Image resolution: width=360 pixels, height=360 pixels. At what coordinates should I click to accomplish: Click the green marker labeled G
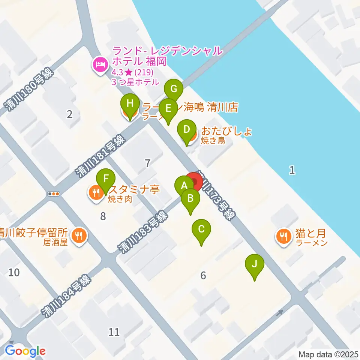click(x=174, y=89)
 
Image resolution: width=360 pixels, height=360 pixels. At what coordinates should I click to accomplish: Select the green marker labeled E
click(x=168, y=108)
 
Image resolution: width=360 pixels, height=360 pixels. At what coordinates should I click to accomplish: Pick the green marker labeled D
click(x=186, y=130)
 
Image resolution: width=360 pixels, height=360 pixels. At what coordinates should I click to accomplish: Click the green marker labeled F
click(x=106, y=178)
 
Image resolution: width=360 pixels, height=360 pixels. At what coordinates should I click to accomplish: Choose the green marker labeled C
click(x=201, y=229)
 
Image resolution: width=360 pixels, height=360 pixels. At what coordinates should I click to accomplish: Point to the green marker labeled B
click(x=190, y=198)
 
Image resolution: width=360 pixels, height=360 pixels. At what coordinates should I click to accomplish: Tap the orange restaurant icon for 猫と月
click(x=282, y=236)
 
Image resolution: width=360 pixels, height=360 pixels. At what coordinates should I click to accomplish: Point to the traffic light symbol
click(x=54, y=194)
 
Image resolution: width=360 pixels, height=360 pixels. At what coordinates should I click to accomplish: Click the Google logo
click(x=25, y=351)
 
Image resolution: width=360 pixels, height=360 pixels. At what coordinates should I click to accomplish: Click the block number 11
click(x=114, y=331)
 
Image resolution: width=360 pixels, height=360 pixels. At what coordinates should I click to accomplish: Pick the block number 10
click(x=14, y=272)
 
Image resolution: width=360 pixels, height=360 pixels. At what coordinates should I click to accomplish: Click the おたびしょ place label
click(x=226, y=131)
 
